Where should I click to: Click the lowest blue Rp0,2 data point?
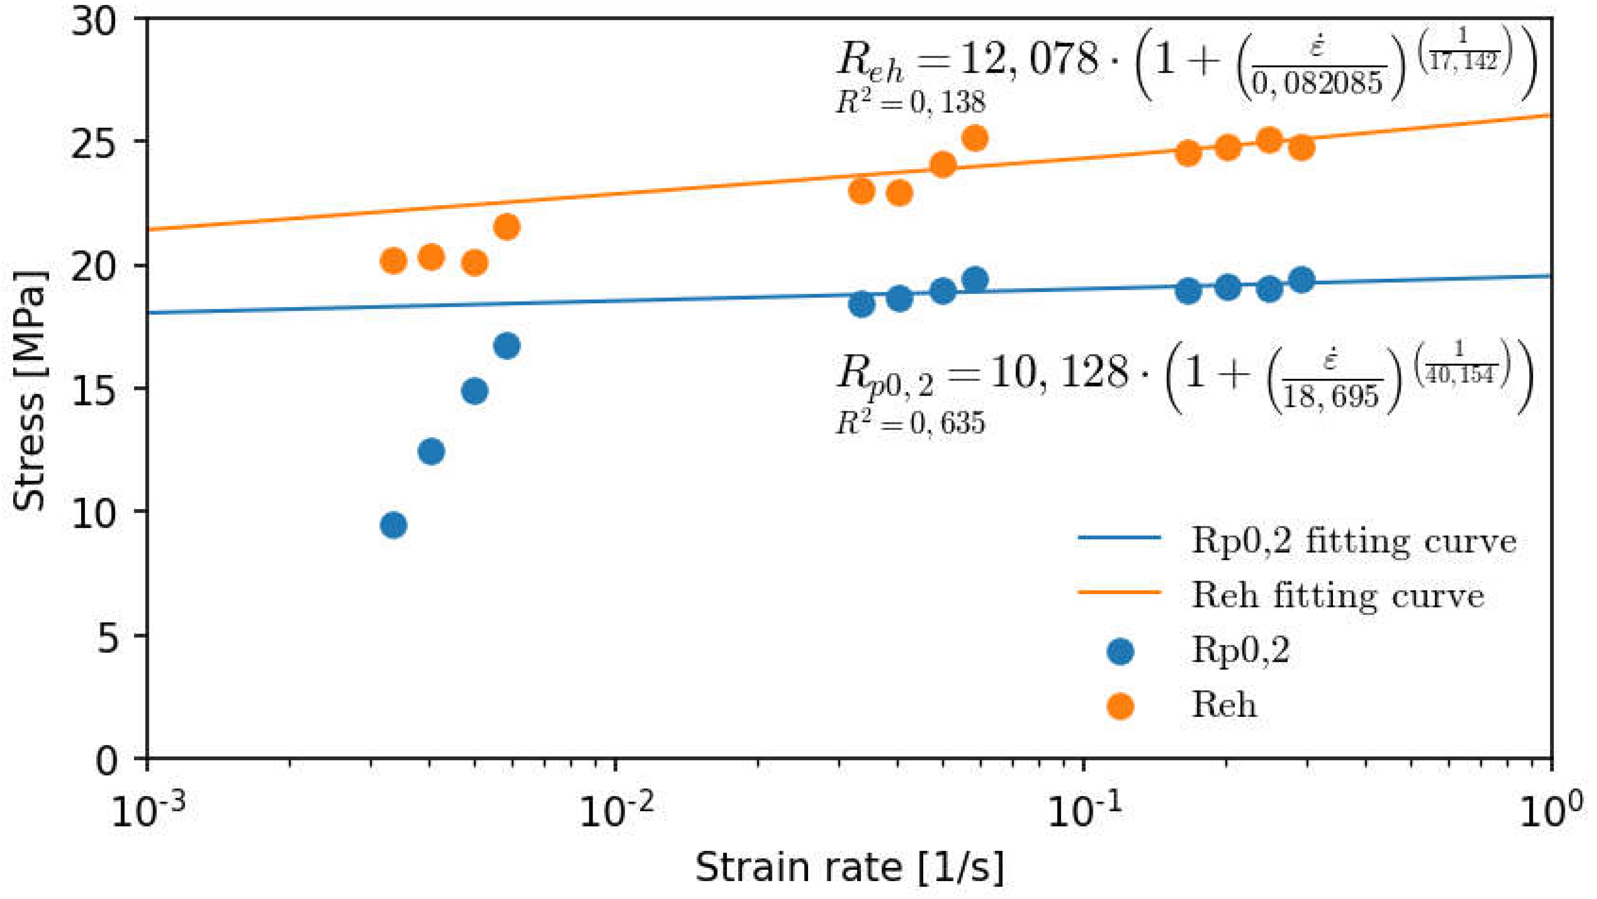393,525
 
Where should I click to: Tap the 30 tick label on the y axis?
93,25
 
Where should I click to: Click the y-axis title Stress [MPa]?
30,391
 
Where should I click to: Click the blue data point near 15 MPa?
474,391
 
